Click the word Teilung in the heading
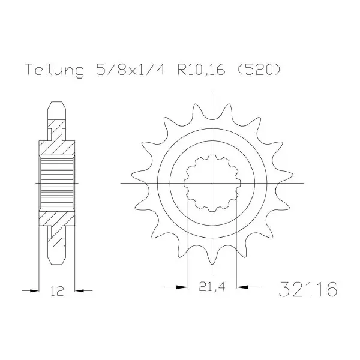(55, 70)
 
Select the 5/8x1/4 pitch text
(131, 69)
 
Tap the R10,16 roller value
(201, 70)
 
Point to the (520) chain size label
(259, 70)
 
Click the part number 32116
(308, 289)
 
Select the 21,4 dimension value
(211, 286)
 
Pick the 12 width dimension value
(56, 291)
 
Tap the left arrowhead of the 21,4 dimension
(182, 287)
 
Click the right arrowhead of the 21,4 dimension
(242, 287)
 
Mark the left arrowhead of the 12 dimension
(34, 290)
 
